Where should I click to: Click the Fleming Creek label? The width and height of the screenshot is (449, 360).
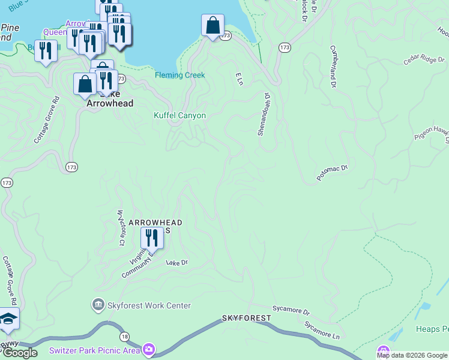pos(179,75)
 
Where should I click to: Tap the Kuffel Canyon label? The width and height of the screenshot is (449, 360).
pos(179,115)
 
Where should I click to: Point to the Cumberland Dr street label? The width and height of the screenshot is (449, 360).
pos(332,67)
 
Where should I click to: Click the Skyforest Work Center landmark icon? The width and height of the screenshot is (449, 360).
pos(98,305)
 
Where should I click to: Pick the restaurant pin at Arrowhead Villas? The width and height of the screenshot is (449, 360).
pos(152,238)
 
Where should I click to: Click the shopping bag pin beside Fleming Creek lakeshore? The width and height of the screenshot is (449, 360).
pos(212,26)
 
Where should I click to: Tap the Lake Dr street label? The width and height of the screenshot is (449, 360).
pos(177,263)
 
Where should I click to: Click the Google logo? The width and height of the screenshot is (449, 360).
pos(20,353)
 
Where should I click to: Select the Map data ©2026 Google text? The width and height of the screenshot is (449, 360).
pos(412,355)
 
